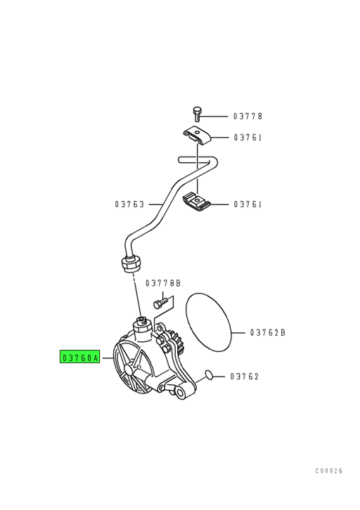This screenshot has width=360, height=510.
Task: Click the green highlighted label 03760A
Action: (80, 358)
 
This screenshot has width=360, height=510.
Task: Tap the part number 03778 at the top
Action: (247, 116)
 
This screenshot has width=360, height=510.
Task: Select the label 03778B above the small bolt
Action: (163, 283)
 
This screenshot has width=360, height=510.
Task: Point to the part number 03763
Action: (129, 204)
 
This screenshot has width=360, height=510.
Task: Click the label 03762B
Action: (268, 332)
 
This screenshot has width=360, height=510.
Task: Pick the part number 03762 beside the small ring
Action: (245, 377)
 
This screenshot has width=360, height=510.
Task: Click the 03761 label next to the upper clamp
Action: (247, 138)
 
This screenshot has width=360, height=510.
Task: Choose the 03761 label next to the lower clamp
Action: (247, 204)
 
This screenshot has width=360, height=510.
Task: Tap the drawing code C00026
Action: (329, 471)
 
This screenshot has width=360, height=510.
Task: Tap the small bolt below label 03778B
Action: (161, 303)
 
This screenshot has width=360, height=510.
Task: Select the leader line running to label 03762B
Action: (238, 332)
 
